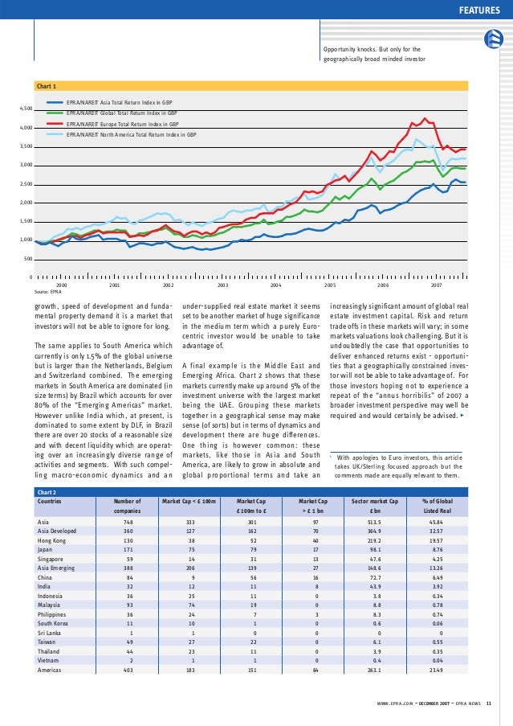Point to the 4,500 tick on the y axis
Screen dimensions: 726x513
pyautogui.click(x=26, y=108)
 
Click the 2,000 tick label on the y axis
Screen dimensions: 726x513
pyautogui.click(x=26, y=203)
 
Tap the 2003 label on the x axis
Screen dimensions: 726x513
pyautogui.click(x=222, y=285)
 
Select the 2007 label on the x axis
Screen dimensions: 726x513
pyautogui.click(x=436, y=285)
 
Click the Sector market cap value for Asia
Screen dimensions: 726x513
pyautogui.click(x=375, y=521)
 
